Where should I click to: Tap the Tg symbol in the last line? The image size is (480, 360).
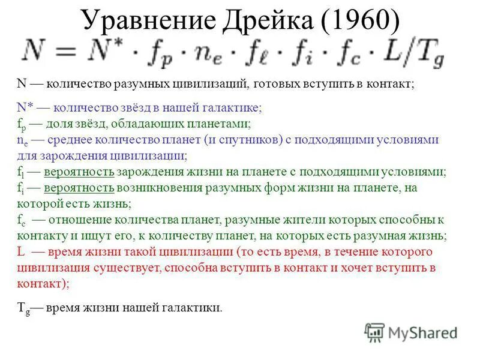coord(22,308)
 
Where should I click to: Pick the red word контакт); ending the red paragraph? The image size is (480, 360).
coord(43,282)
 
